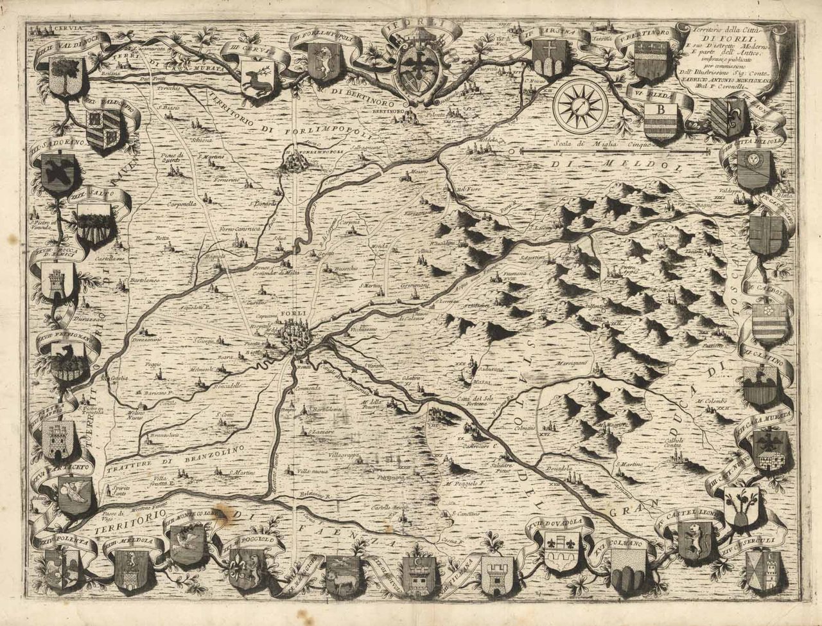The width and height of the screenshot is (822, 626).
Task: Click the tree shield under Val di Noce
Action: [66, 74]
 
